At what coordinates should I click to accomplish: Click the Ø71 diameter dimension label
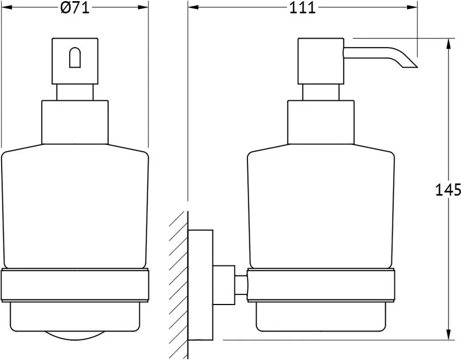75,8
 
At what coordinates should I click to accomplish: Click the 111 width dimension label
302,8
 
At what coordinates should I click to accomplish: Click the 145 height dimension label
448,190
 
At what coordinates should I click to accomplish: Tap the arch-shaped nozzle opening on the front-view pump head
75,58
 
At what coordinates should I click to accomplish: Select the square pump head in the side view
321,61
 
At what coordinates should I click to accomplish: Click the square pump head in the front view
75,61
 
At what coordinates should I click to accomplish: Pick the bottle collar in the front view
75,122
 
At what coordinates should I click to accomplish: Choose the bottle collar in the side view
321,122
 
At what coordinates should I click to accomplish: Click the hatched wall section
178,285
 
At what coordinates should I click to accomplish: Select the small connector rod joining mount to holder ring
241,285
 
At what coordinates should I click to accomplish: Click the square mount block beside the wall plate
224,285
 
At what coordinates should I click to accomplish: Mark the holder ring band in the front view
75,285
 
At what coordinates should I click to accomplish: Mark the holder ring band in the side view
321,285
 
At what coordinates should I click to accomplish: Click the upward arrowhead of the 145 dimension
449,44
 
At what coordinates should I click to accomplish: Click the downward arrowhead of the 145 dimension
449,335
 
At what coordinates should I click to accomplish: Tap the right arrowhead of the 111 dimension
412,7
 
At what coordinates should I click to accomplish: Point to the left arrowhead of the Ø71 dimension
7,7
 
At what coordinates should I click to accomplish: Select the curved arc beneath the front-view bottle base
75,335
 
